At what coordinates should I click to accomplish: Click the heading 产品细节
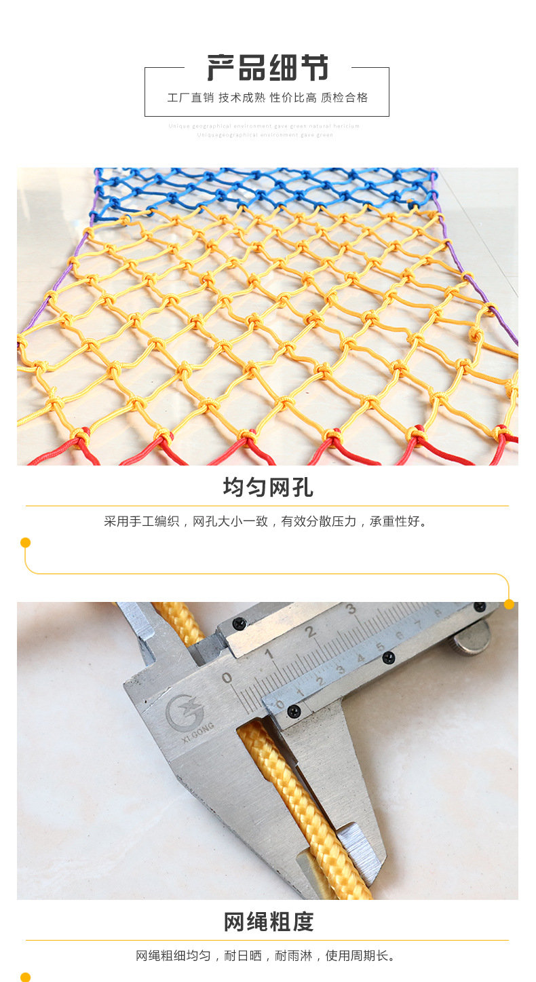pyautogui.click(x=267, y=69)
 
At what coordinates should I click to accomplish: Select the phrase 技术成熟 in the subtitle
pyautogui.click(x=241, y=98)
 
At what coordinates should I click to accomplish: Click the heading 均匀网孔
pyautogui.click(x=267, y=487)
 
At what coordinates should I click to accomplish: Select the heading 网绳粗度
pyautogui.click(x=267, y=922)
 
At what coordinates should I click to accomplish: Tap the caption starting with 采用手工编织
pyautogui.click(x=267, y=522)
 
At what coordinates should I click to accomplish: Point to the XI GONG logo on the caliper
pyautogui.click(x=187, y=714)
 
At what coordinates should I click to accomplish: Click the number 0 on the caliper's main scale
pyautogui.click(x=227, y=677)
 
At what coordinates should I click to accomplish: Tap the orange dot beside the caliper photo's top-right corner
pyautogui.click(x=509, y=604)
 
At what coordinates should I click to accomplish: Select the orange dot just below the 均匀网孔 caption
pyautogui.click(x=26, y=542)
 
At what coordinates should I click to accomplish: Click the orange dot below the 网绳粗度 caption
pyautogui.click(x=26, y=977)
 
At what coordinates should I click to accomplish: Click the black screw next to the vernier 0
pyautogui.click(x=294, y=711)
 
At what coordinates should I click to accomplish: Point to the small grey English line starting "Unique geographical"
pyautogui.click(x=265, y=126)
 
